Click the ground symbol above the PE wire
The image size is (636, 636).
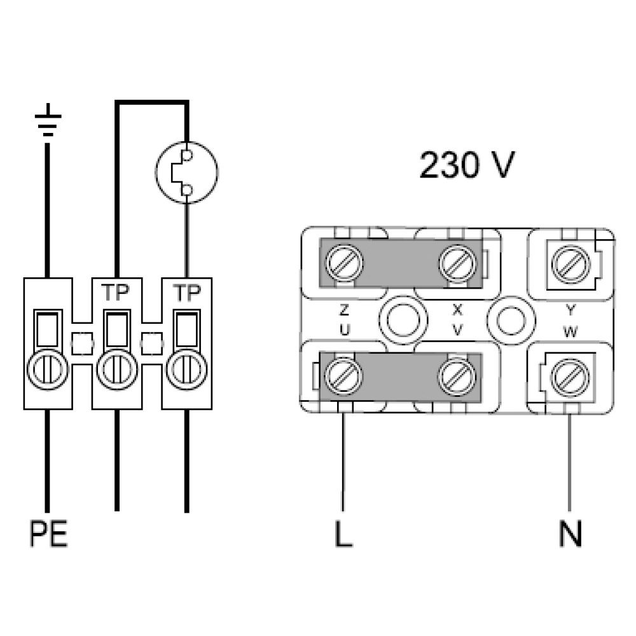pyautogui.click(x=48, y=120)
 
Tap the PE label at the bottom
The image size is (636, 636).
pyautogui.click(x=48, y=534)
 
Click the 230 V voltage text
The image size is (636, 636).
pyautogui.click(x=467, y=165)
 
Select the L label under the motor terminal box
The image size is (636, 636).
pyautogui.click(x=343, y=534)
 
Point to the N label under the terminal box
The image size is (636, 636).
pyautogui.click(x=570, y=534)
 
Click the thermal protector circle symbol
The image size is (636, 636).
pyautogui.click(x=186, y=172)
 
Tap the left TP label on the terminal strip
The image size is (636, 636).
pyautogui.click(x=115, y=292)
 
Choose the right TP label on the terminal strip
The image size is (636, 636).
pyautogui.click(x=186, y=293)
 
